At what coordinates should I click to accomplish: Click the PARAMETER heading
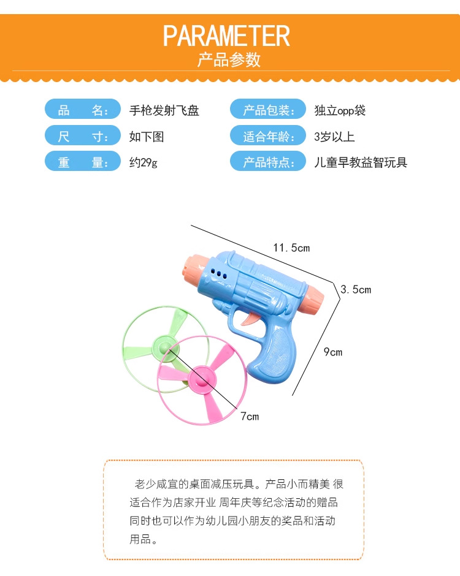pos(226,36)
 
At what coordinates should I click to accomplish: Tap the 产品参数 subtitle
pos(229,60)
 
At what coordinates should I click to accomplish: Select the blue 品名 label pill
pos(83,111)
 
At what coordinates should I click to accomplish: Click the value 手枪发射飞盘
pos(164,111)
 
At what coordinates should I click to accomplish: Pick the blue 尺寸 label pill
pos(83,137)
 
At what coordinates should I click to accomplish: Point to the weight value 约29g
pos(144,162)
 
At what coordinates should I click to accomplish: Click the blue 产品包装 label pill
pos(267,111)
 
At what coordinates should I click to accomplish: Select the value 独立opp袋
pos(340,111)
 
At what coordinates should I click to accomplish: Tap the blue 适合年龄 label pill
pos(267,137)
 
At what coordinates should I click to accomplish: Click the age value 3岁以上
pos(334,137)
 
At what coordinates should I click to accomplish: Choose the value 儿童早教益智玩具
pos(361,162)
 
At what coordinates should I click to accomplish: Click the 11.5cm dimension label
pos(291,248)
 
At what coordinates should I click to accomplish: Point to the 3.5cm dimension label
pos(356,289)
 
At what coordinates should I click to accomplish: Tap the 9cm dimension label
pos(333,352)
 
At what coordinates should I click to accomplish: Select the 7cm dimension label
pos(249,417)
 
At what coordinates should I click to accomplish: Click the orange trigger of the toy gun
pos(252,318)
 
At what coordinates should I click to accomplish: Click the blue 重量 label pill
pos(83,162)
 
